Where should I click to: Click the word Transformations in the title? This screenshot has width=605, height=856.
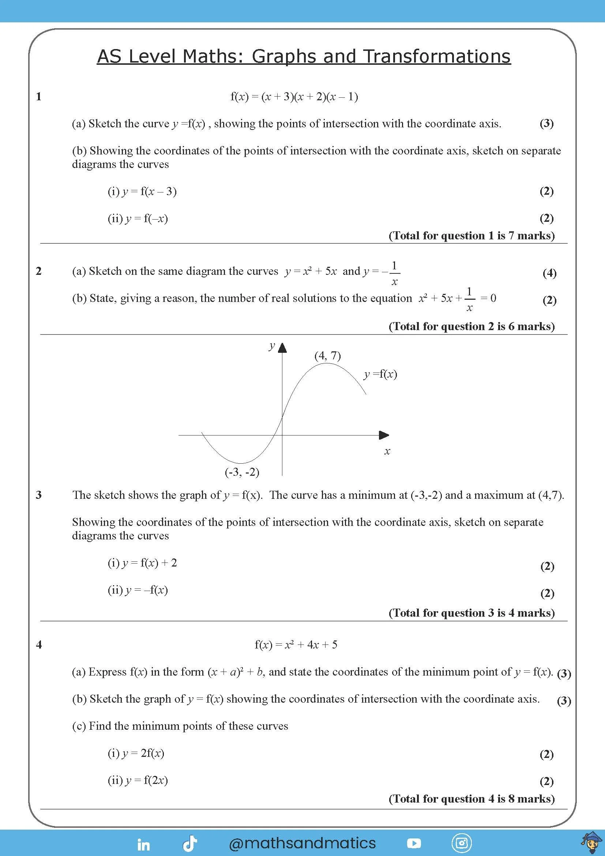click(437, 57)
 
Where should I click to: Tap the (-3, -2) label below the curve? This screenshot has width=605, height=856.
click(242, 472)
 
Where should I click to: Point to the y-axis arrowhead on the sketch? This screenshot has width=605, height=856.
click(282, 347)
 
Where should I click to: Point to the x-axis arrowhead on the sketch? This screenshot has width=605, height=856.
click(384, 435)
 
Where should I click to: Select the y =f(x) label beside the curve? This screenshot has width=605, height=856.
click(380, 374)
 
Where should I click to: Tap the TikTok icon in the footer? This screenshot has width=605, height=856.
click(190, 844)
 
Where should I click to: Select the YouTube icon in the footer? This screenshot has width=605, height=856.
click(414, 843)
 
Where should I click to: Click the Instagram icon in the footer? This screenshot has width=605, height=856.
click(462, 843)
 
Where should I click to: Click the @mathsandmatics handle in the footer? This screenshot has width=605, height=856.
click(302, 843)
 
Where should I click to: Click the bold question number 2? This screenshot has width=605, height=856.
click(39, 271)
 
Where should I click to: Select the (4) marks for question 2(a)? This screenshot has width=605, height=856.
click(549, 273)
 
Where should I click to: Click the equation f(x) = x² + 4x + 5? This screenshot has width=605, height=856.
click(296, 644)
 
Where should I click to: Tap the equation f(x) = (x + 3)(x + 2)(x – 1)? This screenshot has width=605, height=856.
click(294, 97)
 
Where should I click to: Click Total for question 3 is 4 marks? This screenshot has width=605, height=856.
click(471, 613)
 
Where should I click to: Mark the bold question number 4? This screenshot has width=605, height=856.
click(39, 644)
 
